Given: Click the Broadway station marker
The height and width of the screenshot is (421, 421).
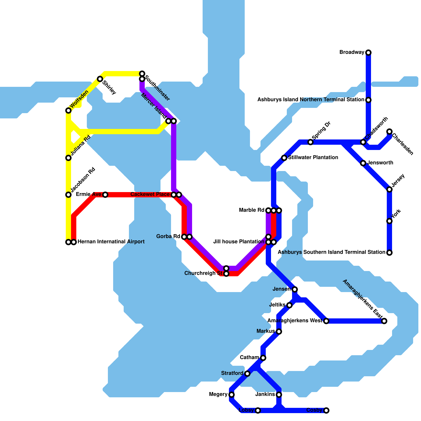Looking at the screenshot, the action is coord(368,53).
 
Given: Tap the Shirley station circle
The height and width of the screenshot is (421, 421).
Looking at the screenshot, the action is coord(100,79).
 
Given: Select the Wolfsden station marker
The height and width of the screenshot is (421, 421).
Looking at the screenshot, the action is coord(68,111).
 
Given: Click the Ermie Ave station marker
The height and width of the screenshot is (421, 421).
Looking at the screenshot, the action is coord(105,195).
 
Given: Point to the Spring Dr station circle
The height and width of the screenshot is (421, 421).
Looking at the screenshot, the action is coord(310,142).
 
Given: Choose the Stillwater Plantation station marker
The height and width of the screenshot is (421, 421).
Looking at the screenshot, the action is coord(284,158).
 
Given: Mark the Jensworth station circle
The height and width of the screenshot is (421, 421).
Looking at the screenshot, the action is coord(363,163).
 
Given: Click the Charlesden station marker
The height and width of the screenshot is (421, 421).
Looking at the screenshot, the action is coord(389,132).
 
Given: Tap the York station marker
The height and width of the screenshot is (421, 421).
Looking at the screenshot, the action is coord(389,221).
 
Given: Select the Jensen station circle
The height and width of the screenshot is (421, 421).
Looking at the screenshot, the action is coord(295,289).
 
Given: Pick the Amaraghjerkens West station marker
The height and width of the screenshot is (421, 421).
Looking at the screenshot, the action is coord(326,321).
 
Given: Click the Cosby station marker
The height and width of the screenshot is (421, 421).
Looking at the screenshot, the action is coord(326,410).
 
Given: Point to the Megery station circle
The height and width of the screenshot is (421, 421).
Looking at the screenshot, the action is coord(232,395).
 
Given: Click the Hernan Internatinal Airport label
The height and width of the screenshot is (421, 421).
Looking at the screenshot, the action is coord(111,242).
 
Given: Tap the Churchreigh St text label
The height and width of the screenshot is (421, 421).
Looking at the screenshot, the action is coord(203,273).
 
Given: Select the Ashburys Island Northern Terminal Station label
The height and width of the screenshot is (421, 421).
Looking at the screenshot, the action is coord(310,100).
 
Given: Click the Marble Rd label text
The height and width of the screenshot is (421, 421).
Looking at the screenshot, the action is coord(251,210).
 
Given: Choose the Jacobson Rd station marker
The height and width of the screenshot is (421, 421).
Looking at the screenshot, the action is coord(68,195).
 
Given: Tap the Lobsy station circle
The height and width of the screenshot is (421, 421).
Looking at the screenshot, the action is coord(258,410).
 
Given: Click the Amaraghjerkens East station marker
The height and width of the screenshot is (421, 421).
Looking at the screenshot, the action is coord(384,321).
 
